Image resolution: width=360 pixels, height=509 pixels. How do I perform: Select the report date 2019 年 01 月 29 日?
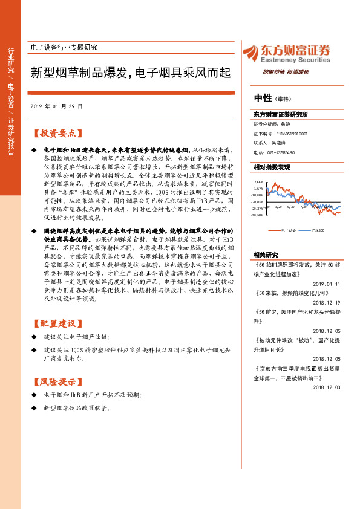(56, 106)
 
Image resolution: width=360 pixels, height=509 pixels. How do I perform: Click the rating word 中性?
(263, 98)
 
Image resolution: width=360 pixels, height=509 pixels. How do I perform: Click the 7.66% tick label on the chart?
(258, 181)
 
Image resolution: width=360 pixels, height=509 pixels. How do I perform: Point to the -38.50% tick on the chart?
(258, 215)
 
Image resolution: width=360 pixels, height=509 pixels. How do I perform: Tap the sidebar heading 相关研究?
(266, 254)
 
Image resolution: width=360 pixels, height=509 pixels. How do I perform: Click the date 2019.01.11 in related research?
(329, 283)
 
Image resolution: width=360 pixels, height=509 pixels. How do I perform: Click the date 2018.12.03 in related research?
(329, 387)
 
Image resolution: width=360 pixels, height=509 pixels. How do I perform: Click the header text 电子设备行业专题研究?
(64, 47)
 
